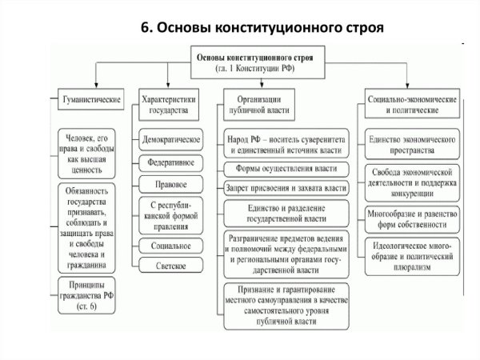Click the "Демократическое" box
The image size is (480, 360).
tap(170, 138)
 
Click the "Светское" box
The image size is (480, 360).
tap(170, 266)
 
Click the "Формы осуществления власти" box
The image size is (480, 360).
tap(286, 169)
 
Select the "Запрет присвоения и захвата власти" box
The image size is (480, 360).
tap(286, 188)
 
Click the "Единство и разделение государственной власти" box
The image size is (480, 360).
tap(286, 213)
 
